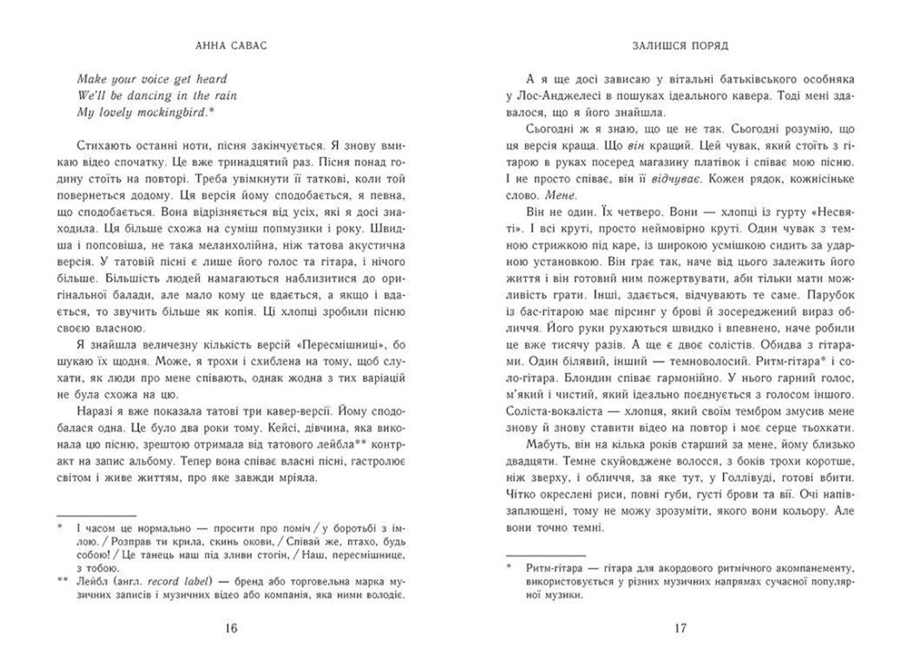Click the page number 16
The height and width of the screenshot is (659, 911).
pyautogui.click(x=231, y=628)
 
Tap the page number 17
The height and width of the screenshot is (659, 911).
pyautogui.click(x=680, y=628)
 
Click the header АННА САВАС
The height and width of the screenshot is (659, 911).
pyautogui.click(x=231, y=46)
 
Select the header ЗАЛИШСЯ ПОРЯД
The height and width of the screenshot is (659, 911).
pyautogui.click(x=680, y=46)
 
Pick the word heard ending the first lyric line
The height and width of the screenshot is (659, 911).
pyautogui.click(x=212, y=79)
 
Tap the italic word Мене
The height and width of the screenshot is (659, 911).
pyautogui.click(x=560, y=195)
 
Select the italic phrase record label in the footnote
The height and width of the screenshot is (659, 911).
pyautogui.click(x=178, y=581)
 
